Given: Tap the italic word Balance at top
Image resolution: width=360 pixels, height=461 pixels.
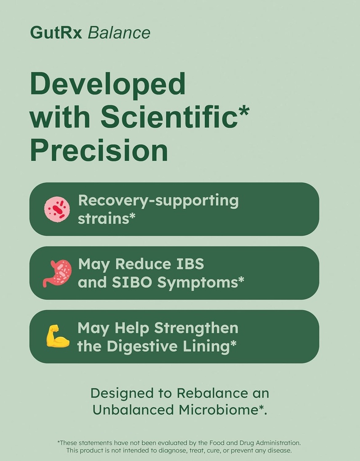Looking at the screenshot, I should tap(119, 33).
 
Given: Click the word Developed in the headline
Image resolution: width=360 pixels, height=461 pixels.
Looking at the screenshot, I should tap(108, 84).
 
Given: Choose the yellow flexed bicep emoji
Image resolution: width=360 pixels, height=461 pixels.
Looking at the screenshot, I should tap(58, 337).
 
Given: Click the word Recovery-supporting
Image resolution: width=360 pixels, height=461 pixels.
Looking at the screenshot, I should tap(158, 201).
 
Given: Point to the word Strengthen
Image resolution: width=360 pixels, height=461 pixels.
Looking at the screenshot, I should tap(196, 328).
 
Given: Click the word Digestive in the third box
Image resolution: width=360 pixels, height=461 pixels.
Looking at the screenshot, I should tap(148, 346).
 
